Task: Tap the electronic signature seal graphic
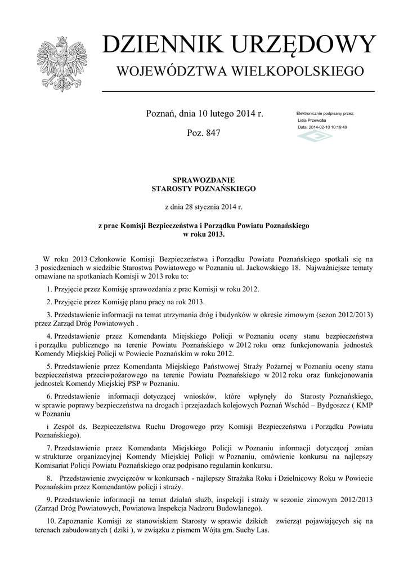pos(315,137)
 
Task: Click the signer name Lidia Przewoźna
pos(313,120)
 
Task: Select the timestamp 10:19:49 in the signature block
pos(337,127)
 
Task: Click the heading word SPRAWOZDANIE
pos(204,180)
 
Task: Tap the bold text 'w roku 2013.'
pos(204,234)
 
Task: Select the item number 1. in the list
pos(50,289)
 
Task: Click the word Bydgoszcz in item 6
pos(311,406)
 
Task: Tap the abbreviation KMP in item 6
pos(363,406)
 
